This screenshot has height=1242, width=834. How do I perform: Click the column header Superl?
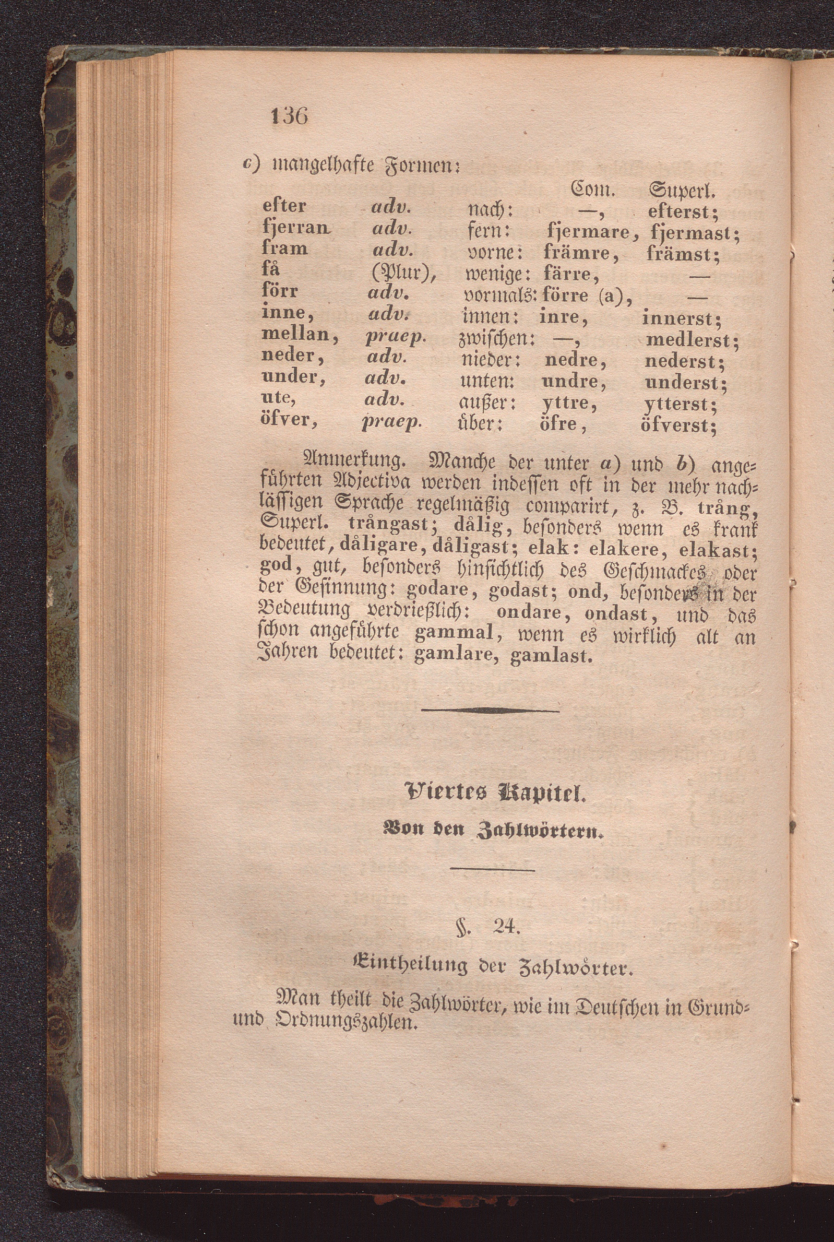[683, 190]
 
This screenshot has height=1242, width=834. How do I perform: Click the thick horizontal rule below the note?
[490, 710]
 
